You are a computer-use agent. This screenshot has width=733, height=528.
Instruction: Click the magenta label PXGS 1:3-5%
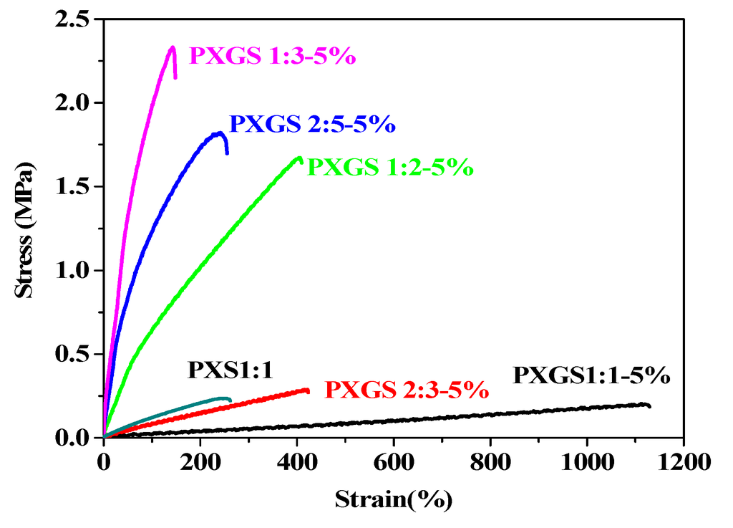coord(272,56)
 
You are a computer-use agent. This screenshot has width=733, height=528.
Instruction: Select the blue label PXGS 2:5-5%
coord(312,124)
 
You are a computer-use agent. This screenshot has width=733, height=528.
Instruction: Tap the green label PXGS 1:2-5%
coord(390,167)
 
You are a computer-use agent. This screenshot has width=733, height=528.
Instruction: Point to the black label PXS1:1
coord(231,370)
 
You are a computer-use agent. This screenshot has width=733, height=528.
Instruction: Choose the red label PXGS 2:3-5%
coord(407,390)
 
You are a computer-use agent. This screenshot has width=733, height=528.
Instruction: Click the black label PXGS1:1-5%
coord(591,375)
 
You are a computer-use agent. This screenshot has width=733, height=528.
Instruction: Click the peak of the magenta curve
coord(172,48)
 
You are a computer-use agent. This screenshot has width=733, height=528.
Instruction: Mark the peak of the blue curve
coord(218,133)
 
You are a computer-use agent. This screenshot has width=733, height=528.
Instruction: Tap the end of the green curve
coord(300,158)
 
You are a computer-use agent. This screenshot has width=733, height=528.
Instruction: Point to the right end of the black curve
coord(649,406)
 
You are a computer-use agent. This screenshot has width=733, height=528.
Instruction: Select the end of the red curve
coord(308,390)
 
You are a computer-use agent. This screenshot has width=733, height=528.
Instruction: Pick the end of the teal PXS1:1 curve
coord(230,399)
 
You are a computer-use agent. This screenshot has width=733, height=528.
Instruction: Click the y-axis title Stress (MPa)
coord(25,229)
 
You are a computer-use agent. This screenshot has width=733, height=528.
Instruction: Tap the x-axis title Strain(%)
coord(393,499)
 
